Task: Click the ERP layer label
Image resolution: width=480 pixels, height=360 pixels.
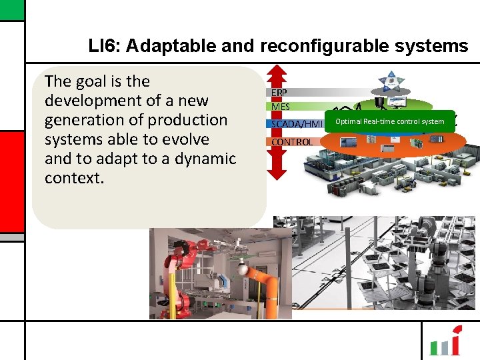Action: coord(279,92)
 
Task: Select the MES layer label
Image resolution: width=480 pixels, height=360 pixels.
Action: coord(281,107)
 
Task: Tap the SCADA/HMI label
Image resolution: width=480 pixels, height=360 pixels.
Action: coord(297,124)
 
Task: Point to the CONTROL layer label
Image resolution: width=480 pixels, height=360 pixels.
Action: coord(292,141)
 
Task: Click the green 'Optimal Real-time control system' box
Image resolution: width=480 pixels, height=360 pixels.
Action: coord(389,121)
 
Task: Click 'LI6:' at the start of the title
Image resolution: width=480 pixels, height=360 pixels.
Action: coord(104,46)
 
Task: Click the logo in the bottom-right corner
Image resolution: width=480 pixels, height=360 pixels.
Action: coord(445,342)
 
